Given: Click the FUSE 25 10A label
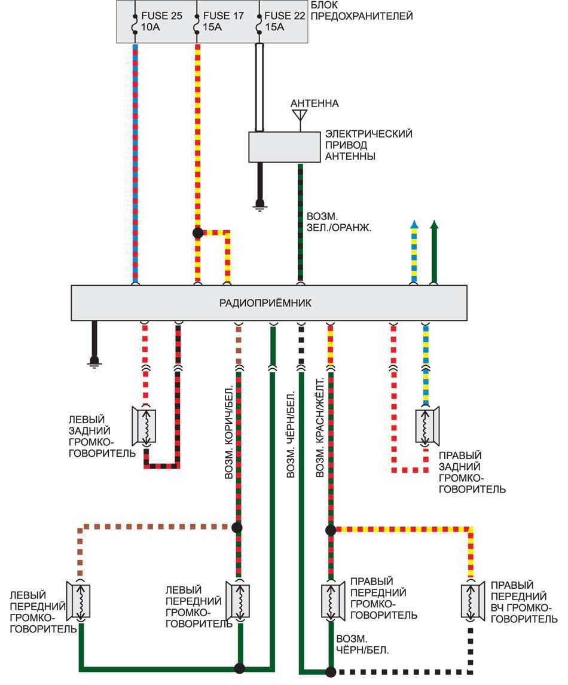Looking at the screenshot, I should coord(160,21).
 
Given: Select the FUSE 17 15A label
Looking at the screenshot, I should coord(223,21).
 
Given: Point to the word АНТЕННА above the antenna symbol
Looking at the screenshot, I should coord(314,103).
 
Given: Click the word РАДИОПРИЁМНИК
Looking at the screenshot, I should coord(268,303).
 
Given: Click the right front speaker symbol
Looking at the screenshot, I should coord(330,601).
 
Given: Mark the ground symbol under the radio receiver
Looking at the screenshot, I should coord(94,362).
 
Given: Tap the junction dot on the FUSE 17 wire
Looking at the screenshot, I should coord(198,233).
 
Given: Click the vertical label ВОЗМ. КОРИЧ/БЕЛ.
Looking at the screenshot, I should coord(228,428).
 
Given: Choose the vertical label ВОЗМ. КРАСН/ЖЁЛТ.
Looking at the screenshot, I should coord(320,428).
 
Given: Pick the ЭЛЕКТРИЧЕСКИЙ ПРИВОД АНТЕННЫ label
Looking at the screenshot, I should coord(368,145).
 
